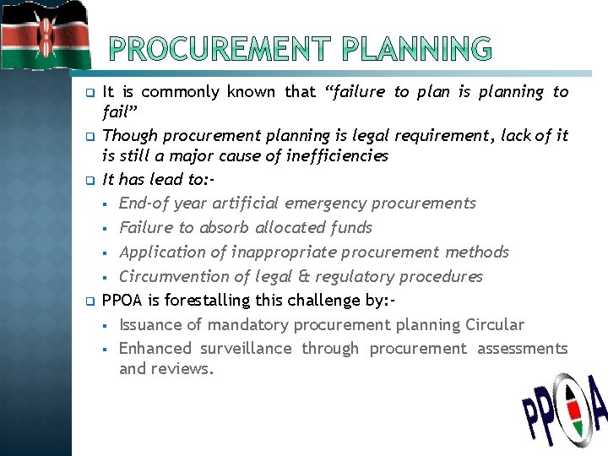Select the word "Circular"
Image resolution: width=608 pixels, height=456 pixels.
494,325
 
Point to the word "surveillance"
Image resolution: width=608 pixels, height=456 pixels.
245,349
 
